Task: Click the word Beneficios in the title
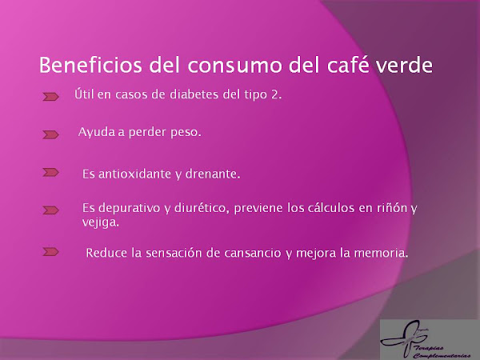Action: [90, 65]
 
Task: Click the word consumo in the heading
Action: [234, 66]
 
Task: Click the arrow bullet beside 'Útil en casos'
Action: [50, 97]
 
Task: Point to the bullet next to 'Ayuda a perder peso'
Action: [50, 134]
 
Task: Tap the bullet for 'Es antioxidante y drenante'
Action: [50, 172]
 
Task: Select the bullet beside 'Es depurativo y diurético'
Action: [50, 210]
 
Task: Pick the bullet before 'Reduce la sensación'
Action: [50, 252]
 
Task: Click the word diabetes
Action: [194, 94]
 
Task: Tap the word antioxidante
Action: [134, 174]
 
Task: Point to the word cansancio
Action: [253, 253]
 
